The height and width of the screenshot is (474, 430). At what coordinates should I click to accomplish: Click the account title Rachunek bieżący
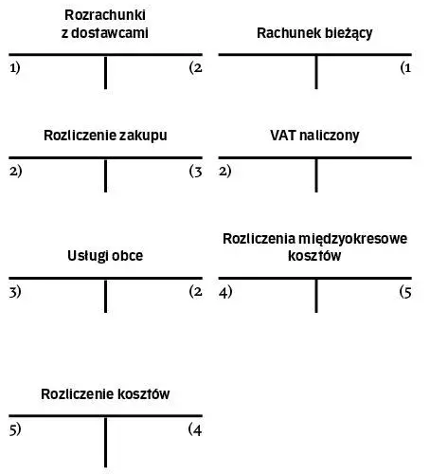coord(314,33)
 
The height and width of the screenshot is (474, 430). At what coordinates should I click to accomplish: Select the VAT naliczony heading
coord(314,136)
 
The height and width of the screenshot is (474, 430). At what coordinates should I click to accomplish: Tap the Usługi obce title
coord(105,256)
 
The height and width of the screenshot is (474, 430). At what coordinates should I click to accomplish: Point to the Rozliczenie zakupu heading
coord(105,136)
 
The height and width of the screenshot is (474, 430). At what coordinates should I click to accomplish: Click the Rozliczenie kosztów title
coord(105,394)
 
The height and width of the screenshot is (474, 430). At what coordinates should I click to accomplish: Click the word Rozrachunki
coord(105,15)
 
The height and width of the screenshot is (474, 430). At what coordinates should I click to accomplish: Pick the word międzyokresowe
coord(352,239)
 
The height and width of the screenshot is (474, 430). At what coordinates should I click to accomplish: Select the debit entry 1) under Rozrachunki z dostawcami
coord(15,68)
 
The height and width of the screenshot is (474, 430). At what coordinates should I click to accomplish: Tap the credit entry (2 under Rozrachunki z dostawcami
coord(196,68)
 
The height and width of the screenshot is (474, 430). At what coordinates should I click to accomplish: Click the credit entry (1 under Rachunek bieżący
coord(405,68)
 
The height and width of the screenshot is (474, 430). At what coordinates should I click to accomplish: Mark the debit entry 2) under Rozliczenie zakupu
coord(16,172)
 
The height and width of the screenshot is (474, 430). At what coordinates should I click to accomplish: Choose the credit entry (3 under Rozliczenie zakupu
coord(196,172)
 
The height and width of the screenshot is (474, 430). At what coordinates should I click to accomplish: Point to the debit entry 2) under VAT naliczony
coord(225,172)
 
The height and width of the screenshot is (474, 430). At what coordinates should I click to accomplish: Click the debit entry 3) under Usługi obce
coord(15,292)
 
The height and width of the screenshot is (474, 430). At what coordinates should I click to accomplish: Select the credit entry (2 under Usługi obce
coord(196,292)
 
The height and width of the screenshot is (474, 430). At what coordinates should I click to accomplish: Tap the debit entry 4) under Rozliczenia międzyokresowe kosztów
coord(225,292)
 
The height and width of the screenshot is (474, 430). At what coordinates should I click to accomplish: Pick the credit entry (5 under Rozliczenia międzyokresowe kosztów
coord(405,292)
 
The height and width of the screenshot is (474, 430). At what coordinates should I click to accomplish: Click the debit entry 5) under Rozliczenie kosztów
coord(15,429)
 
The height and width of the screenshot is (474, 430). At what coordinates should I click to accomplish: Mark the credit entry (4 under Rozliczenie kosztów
coord(195,429)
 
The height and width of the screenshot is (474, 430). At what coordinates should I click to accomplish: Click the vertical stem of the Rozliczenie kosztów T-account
coord(105,442)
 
